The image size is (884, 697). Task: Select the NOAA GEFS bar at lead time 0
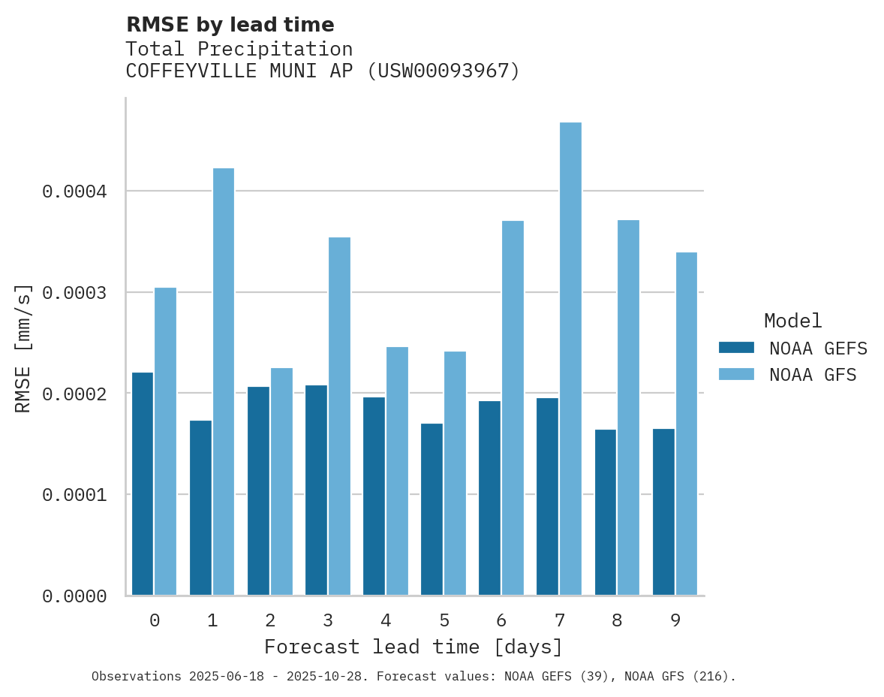tap(143, 484)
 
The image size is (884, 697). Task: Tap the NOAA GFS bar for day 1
tap(224, 382)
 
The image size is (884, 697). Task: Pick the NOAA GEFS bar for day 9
tap(663, 512)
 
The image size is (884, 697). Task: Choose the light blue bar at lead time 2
tap(281, 481)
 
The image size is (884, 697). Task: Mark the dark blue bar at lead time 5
tap(431, 509)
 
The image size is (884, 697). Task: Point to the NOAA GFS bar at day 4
tap(397, 471)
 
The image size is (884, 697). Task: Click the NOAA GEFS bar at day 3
tap(316, 490)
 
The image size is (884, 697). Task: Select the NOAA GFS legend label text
tap(812, 375)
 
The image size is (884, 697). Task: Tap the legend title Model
tap(792, 321)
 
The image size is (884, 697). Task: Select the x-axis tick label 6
tap(501, 620)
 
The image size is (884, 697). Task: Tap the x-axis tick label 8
tap(617, 620)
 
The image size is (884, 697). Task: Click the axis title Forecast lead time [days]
tap(413, 647)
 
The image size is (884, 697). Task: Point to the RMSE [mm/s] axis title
tap(23, 348)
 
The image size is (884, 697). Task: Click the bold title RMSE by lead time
tap(230, 25)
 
